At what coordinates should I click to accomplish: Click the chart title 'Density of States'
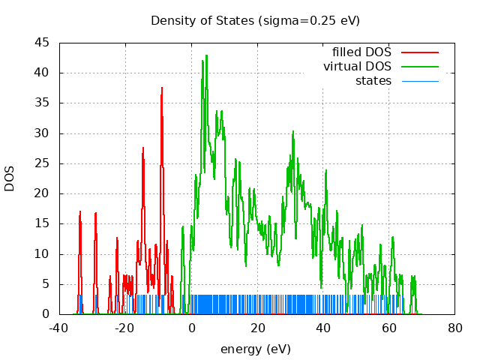pos(255,20)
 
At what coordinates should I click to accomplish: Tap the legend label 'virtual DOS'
pos(357,66)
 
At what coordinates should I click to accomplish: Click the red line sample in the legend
pos(419,52)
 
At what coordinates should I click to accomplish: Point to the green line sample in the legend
pos(419,66)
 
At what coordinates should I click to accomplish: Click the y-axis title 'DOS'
pos(10,178)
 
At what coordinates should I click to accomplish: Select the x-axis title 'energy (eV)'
pos(255,349)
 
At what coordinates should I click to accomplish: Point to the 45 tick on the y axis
pos(43,43)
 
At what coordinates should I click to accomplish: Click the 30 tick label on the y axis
pos(43,133)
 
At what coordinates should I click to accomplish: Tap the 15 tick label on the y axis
pos(43,223)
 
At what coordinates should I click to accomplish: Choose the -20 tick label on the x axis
pos(125,328)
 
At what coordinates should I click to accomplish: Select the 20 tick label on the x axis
pos(257,328)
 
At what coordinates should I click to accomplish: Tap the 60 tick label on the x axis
pos(389,328)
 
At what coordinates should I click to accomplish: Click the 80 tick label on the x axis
pos(455,328)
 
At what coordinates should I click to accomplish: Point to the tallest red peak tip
pos(161,88)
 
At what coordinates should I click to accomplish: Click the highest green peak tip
pos(205,55)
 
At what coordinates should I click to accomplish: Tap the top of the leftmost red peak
pos(80,212)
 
